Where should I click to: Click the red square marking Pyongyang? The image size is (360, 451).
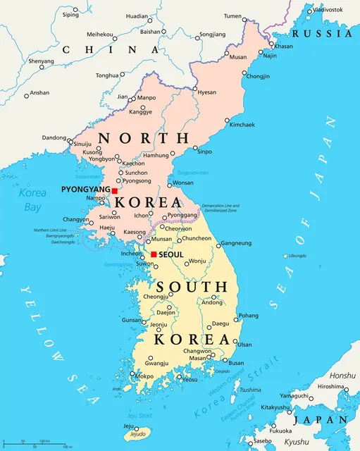pyautogui.click(x=115, y=190)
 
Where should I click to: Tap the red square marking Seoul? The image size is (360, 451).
pyautogui.click(x=154, y=254)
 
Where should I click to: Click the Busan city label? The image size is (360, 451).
pyautogui.click(x=236, y=364)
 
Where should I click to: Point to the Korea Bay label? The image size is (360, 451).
pyautogui.click(x=32, y=199)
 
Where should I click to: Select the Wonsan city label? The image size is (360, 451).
pyautogui.click(x=180, y=184)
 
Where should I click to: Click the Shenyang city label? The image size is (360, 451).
pyautogui.click(x=40, y=61)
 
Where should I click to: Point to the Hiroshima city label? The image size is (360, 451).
pyautogui.click(x=331, y=387)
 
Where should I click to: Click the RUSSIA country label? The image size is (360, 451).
pyautogui.click(x=323, y=33)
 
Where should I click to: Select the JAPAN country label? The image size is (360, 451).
pyautogui.click(x=321, y=419)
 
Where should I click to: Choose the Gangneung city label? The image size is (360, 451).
pyautogui.click(x=236, y=243)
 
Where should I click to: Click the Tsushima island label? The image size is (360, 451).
pyautogui.click(x=249, y=390)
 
